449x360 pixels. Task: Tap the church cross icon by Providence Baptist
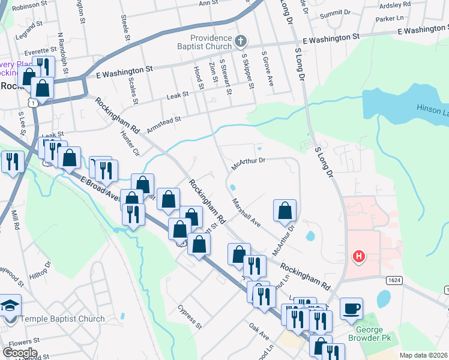tap(240, 41)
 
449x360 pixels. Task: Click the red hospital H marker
tap(359, 257)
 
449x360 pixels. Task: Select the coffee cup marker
tap(352, 308)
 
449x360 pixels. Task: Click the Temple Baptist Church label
tap(61, 319)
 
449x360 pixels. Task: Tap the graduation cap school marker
tap(9, 306)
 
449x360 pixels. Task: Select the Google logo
tap(20, 352)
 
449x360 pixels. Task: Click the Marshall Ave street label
tap(247, 213)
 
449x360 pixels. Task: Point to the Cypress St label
tap(190, 317)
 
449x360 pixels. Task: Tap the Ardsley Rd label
tap(396, 4)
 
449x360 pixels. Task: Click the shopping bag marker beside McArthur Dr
tap(285, 211)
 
